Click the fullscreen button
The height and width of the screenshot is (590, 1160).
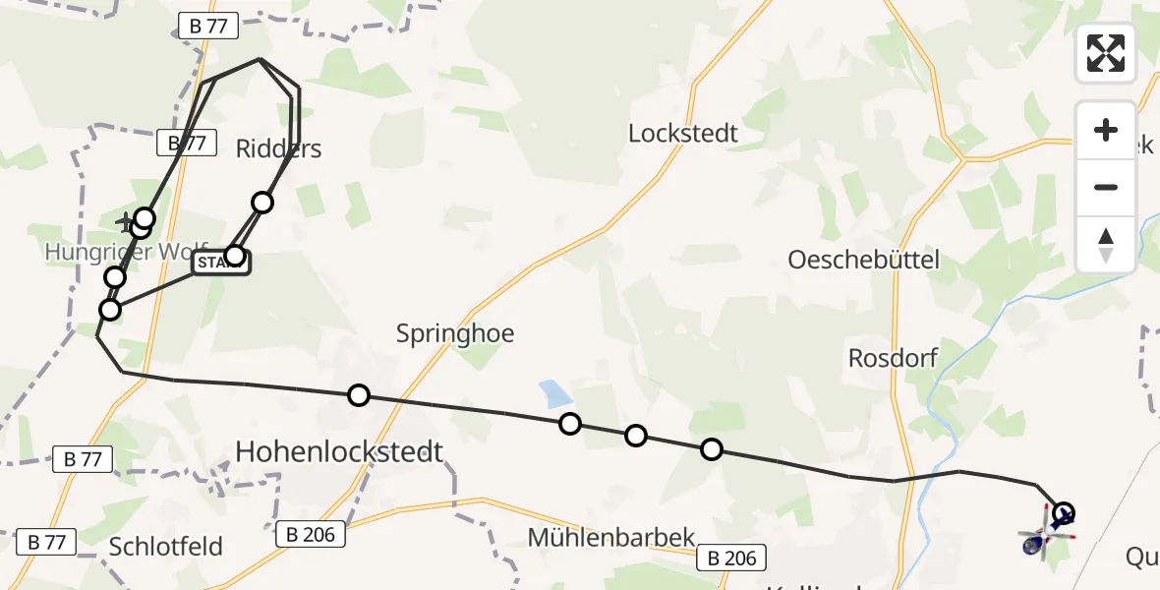1106,53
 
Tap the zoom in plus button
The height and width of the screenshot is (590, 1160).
1106,131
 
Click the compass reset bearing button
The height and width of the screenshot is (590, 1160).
1106,244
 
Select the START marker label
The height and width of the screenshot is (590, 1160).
218,263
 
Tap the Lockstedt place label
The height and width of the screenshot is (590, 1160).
683,134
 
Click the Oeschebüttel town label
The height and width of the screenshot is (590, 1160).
863,260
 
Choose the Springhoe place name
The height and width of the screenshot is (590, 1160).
455,333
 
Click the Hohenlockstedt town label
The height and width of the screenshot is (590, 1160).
339,451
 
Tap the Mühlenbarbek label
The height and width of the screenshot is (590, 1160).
610,538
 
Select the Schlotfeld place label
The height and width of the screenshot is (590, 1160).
166,547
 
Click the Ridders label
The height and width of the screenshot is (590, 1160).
278,148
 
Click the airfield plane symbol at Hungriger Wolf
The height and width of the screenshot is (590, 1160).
126,220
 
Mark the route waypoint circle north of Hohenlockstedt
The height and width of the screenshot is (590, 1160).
359,395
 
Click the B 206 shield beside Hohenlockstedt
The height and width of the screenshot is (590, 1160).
311,535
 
